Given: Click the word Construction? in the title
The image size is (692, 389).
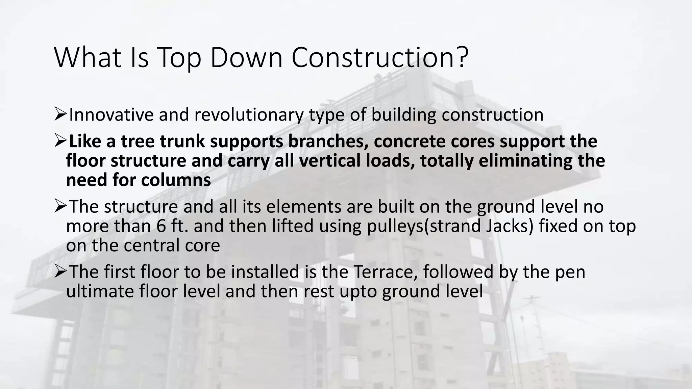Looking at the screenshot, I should click(x=380, y=58).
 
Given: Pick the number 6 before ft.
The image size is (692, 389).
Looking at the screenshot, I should click(x=161, y=226).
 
